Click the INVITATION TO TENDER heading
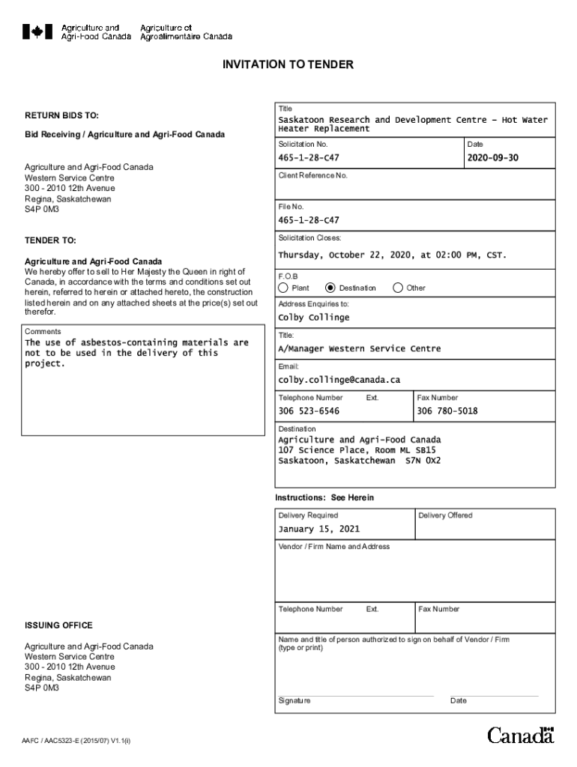pos(288,65)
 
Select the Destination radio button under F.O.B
pos(330,288)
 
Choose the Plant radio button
pos(283,288)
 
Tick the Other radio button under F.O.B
pos(398,288)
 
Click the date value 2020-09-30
pos(492,158)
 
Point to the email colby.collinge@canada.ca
pos(339,380)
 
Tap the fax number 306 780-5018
pos(447,411)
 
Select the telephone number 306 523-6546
pos(309,411)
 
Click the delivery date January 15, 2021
pos(318,529)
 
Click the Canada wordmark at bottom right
pos(521,736)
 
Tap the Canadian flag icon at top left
pos(37,31)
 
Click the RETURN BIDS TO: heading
pos(61,116)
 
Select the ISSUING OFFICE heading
pos(58,625)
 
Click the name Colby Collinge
pos(313,318)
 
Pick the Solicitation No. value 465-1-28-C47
pos(309,158)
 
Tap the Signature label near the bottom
pos(294,701)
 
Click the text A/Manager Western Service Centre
pos(359,348)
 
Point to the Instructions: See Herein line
pos(324,498)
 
